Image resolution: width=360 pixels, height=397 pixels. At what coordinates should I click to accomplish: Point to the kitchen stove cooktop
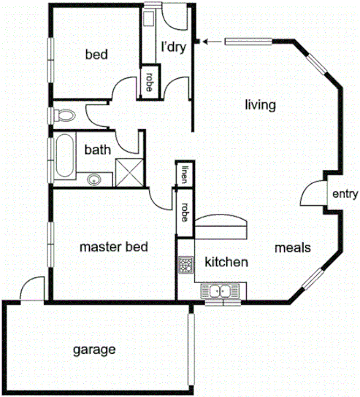(185, 266)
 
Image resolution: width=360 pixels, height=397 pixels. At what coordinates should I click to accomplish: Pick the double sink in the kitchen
(218, 293)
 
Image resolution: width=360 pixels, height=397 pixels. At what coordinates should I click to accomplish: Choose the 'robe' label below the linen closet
(185, 212)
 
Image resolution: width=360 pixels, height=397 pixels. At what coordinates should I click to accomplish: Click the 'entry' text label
(344, 194)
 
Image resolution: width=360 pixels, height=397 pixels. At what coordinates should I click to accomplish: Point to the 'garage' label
(94, 350)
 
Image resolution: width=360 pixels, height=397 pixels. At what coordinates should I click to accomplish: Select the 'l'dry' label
(173, 47)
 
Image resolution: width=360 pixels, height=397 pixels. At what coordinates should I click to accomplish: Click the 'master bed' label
(114, 247)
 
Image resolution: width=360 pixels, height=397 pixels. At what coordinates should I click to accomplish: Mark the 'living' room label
(260, 105)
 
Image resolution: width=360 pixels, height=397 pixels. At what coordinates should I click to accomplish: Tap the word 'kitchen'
(226, 261)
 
